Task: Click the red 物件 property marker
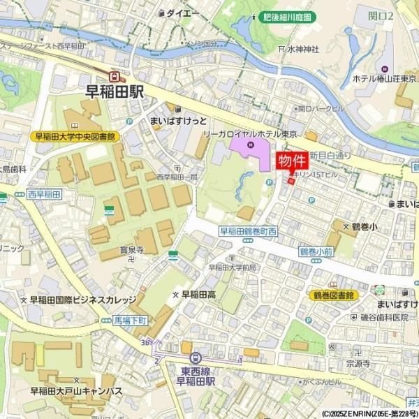tap(292, 161)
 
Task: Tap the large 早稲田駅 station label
tap(115, 91)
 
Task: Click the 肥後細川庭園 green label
tap(286, 17)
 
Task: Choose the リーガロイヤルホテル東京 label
tap(249, 133)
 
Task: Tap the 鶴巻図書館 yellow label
tap(333, 295)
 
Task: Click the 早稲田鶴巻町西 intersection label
tap(249, 231)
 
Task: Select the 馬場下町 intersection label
tap(131, 320)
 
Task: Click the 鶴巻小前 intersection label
tap(316, 251)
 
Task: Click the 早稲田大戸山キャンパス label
tap(77, 391)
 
